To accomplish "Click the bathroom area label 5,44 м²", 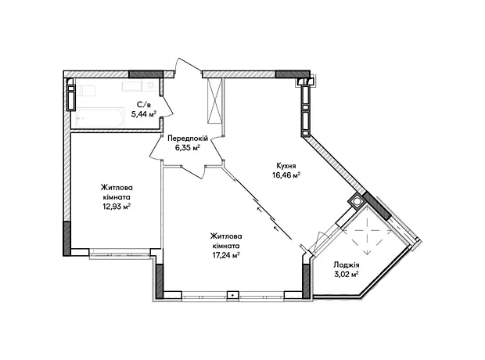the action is (143, 114).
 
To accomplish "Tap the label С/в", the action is (143, 105).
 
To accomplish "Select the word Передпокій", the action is (188, 138).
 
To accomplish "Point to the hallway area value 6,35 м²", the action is (188, 148).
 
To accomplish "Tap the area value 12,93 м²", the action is (117, 207).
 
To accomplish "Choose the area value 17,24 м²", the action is (226, 255).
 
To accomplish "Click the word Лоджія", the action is (346, 265).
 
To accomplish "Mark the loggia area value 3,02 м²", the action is (346, 274).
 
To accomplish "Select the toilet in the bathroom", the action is (87, 91).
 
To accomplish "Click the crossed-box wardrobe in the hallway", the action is (215, 101).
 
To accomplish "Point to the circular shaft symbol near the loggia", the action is (357, 201).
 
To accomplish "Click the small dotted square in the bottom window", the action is (232, 295).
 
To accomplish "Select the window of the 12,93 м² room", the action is (120, 254).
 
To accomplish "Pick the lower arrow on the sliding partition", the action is (277, 229).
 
